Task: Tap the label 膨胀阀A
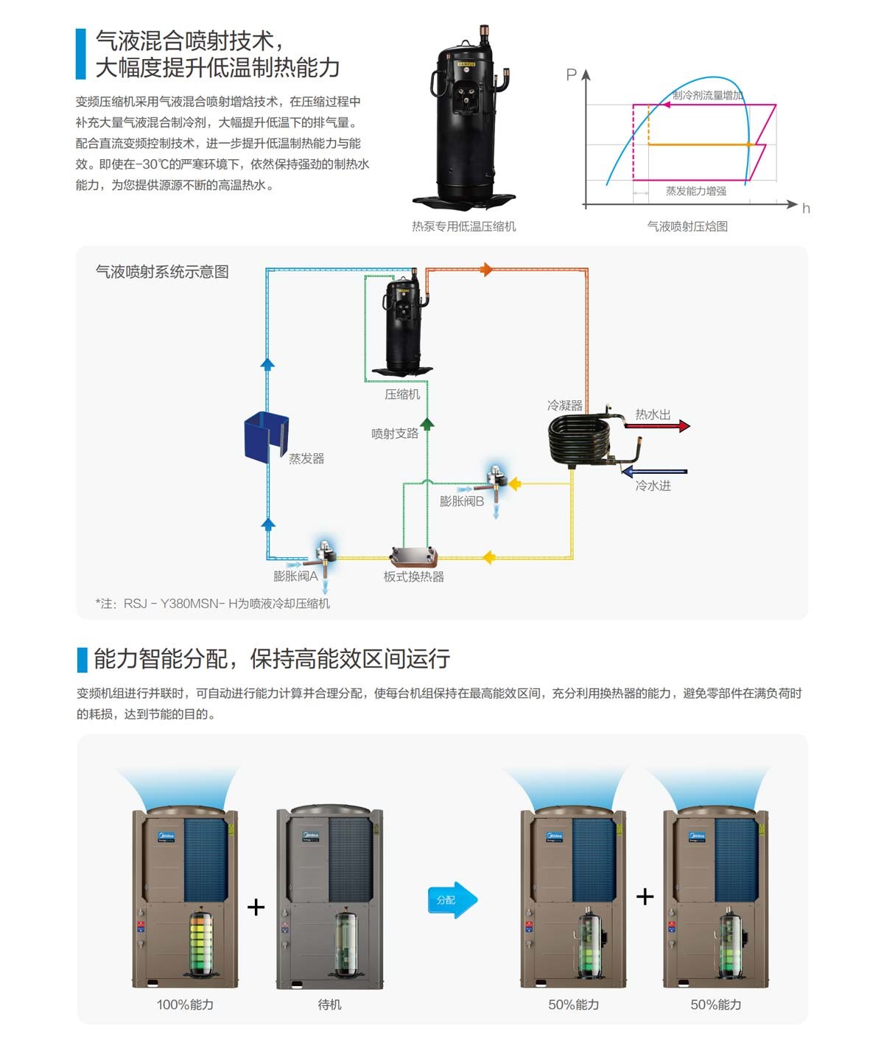pyautogui.click(x=295, y=576)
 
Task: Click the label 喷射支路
pyautogui.click(x=395, y=433)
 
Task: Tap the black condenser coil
pyautogui.click(x=580, y=440)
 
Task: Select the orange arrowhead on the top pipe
pyautogui.click(x=486, y=270)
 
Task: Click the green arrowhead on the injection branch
pyautogui.click(x=427, y=423)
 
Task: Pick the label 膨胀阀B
pyautogui.click(x=461, y=501)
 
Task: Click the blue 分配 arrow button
pyautogui.click(x=452, y=899)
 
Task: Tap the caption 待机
pyautogui.click(x=329, y=1005)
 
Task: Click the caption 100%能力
pyautogui.click(x=185, y=1005)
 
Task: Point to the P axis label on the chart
pyautogui.click(x=571, y=74)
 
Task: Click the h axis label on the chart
pyautogui.click(x=806, y=209)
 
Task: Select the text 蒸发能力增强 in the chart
pyautogui.click(x=695, y=191)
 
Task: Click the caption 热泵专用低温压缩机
pyautogui.click(x=463, y=226)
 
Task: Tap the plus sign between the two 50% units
pyautogui.click(x=645, y=896)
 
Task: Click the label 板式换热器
pyautogui.click(x=414, y=576)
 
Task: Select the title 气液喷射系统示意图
pyautogui.click(x=162, y=272)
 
